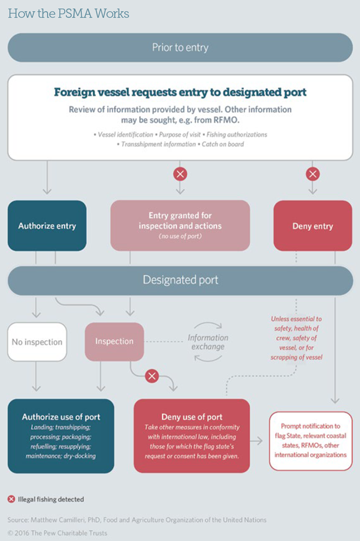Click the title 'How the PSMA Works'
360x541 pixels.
(68, 13)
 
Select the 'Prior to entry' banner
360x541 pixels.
(180, 48)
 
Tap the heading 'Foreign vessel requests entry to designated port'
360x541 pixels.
(180, 92)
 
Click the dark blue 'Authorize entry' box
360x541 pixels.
(47, 226)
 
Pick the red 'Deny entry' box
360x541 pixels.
(313, 226)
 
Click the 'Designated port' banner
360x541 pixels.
(180, 280)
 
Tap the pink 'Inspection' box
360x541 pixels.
(114, 342)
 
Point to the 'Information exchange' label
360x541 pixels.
(208, 342)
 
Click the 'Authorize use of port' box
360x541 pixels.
(61, 435)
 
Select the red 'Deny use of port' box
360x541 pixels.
(192, 435)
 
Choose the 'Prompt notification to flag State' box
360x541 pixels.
(311, 441)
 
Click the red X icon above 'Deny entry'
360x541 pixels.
(313, 174)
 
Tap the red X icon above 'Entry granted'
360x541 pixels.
(180, 174)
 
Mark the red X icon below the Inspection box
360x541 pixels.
(152, 377)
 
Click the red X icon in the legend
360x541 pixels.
(11, 499)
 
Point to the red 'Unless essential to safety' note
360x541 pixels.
(296, 338)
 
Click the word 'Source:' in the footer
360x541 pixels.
(18, 520)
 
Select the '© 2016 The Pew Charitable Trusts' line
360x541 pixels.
(57, 533)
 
